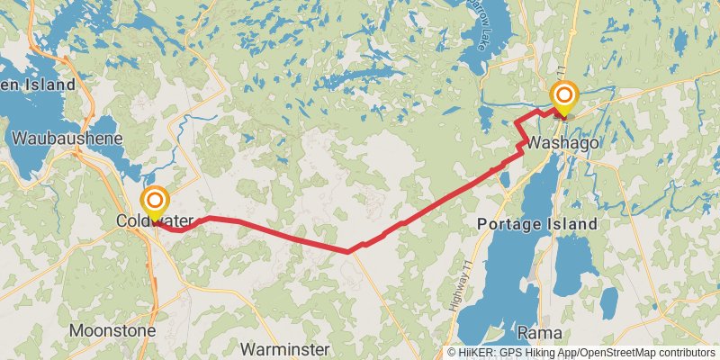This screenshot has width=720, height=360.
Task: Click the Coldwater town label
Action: coord(143,220)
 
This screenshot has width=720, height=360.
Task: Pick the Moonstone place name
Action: coord(112,330)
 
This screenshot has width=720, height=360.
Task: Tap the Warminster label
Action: coord(284,348)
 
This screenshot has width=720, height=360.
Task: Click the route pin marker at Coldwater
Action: coord(155,201)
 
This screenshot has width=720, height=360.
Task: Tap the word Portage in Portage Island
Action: coord(510,223)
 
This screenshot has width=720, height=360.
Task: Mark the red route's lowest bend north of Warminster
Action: coord(348,252)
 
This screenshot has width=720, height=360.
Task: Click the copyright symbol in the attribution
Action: coord(452,353)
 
